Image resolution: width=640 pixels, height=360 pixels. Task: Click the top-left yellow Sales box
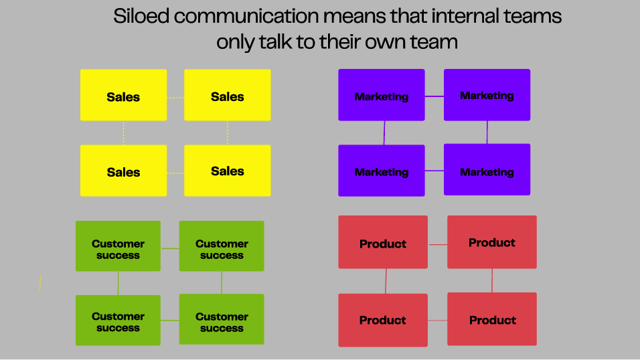(123, 95)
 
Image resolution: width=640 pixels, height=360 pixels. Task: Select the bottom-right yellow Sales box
(228, 171)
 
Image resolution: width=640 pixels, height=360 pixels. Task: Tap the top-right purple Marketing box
(487, 95)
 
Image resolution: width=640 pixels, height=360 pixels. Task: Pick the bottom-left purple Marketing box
(382, 171)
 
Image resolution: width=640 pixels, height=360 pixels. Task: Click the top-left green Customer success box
(118, 246)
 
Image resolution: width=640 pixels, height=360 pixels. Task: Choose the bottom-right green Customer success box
(222, 319)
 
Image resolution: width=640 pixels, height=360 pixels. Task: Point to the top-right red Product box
(492, 242)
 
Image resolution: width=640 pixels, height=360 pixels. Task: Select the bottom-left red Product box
(383, 320)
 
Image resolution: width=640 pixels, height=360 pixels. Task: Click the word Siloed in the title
(141, 17)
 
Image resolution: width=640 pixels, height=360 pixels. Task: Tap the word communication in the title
(246, 17)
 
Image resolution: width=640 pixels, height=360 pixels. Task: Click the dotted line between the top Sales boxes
(175, 98)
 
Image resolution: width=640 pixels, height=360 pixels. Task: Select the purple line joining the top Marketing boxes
(434, 96)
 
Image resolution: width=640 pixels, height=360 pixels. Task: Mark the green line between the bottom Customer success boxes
(170, 321)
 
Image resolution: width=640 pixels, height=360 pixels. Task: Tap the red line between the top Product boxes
(438, 244)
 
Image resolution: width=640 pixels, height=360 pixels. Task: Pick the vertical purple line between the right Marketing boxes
(487, 132)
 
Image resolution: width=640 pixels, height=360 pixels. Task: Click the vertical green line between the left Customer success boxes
(118, 283)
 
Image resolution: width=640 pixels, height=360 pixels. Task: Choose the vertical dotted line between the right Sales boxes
(228, 132)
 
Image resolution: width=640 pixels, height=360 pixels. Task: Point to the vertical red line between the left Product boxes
(386, 281)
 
